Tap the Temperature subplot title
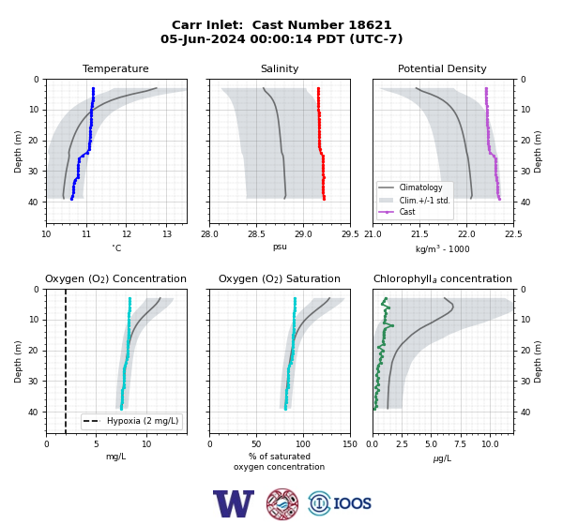[115, 68]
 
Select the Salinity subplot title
[280, 68]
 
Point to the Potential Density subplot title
[442, 68]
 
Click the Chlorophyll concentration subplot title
[442, 278]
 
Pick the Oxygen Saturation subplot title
[280, 278]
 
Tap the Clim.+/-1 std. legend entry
[415, 201]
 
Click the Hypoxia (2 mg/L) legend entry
[131, 421]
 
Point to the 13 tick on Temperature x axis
[167, 234]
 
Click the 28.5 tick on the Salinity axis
[256, 234]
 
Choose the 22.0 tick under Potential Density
[466, 234]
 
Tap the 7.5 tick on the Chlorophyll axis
[460, 444]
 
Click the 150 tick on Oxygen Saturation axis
[350, 444]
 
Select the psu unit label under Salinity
[280, 247]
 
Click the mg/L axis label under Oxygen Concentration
[116, 457]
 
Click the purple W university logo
[234, 503]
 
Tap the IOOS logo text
[352, 503]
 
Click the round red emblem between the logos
[282, 503]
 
